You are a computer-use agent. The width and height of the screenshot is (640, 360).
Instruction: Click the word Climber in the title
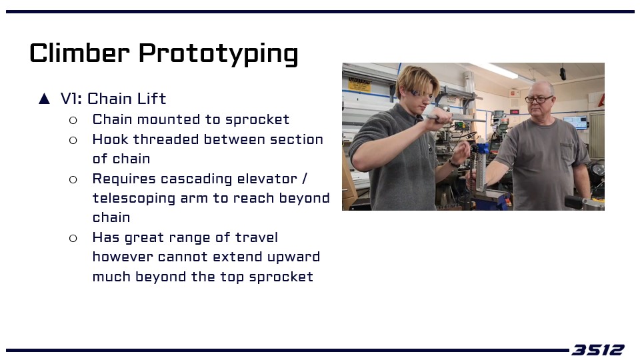point(79,53)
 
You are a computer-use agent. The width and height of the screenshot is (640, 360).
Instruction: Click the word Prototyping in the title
point(219,54)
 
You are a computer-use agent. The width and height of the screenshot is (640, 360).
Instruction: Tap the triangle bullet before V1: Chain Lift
point(44,99)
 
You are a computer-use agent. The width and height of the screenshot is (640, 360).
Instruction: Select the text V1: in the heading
point(71,99)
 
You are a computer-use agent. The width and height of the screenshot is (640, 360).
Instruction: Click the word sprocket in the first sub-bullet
point(257,119)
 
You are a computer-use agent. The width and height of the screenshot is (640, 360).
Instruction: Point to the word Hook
point(111,139)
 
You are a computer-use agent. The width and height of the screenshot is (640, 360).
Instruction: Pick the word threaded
point(167,139)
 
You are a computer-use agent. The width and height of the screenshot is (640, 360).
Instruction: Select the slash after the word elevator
point(305,179)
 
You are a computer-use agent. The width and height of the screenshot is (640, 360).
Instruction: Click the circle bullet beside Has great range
point(73,238)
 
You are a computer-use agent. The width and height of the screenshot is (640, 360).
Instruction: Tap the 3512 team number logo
point(598,350)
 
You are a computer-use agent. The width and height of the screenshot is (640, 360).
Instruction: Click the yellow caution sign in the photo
point(359,85)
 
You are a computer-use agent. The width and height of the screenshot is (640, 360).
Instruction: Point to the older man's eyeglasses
point(539,99)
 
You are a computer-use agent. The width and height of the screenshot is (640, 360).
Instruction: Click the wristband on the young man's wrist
point(453,164)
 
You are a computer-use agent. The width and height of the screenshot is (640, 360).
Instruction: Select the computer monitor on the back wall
point(575,123)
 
